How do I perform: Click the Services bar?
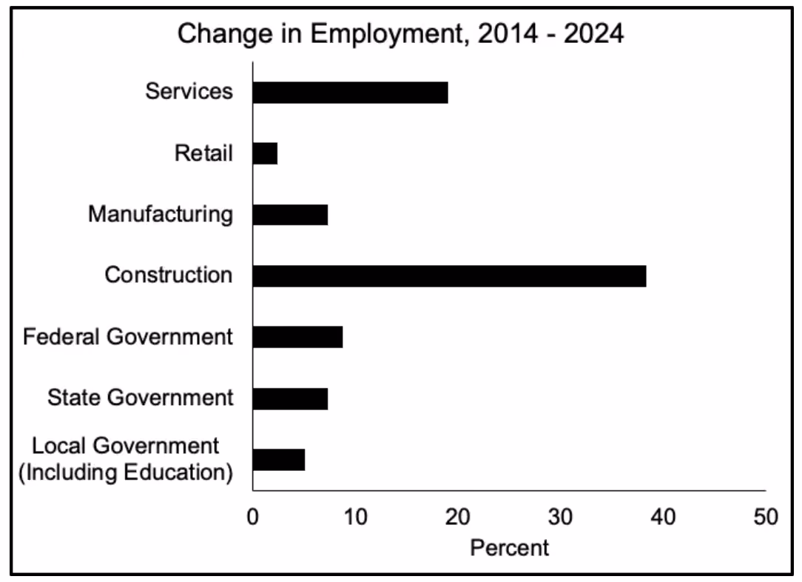pyautogui.click(x=351, y=93)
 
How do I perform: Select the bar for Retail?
pyautogui.click(x=265, y=153)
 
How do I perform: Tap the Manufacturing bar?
pyautogui.click(x=290, y=215)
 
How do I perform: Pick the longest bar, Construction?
pyautogui.click(x=450, y=276)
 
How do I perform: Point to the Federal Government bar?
pyautogui.click(x=297, y=337)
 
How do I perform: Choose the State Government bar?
pyautogui.click(x=290, y=399)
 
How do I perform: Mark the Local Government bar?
pyautogui.click(x=279, y=460)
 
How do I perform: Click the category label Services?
pyautogui.click(x=189, y=91)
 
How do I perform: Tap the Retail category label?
pyautogui.click(x=203, y=153)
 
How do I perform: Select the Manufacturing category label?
pyautogui.click(x=161, y=215)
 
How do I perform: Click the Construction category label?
pyautogui.click(x=168, y=275)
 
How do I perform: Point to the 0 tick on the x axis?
pyautogui.click(x=253, y=517)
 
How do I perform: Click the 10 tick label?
pyautogui.click(x=355, y=517)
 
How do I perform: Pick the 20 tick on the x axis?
pyautogui.click(x=458, y=517)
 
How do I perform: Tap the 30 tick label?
pyautogui.click(x=561, y=517)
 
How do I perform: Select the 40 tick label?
pyautogui.click(x=664, y=517)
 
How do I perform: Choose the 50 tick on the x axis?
pyautogui.click(x=766, y=517)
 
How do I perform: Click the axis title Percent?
pyautogui.click(x=510, y=548)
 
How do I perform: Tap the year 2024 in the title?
pyautogui.click(x=594, y=34)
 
